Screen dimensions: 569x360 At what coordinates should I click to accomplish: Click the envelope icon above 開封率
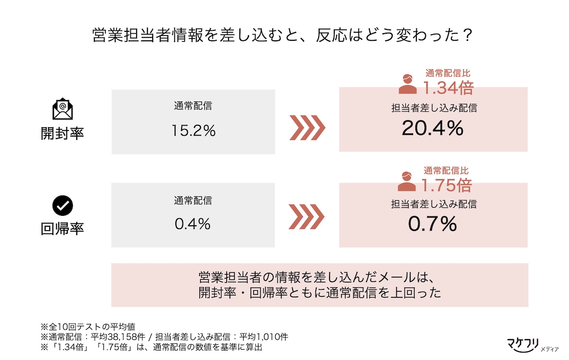coord(63,109)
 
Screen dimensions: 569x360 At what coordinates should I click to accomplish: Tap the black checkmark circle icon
coord(63,205)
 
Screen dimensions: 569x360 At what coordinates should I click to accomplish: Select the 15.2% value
coord(193,130)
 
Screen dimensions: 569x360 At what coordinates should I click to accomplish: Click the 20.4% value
coord(432,128)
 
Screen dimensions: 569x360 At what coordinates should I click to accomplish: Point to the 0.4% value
coord(193,224)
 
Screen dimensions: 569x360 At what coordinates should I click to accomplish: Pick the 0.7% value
coord(432,224)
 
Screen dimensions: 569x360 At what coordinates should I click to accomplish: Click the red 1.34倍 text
coord(449,88)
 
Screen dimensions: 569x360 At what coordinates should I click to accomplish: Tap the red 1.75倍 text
coord(447,185)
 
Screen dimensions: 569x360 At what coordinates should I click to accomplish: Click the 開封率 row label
coord(62,133)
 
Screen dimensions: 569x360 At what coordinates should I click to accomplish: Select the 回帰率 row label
coord(62,229)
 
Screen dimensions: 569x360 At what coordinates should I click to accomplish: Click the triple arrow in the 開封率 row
coord(307,128)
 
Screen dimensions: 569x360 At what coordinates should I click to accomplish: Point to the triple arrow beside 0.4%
coord(307,217)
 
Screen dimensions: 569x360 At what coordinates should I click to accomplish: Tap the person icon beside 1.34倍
coord(407,84)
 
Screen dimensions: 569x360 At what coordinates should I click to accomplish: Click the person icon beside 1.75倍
coord(407,181)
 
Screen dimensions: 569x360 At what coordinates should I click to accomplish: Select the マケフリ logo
coord(532,345)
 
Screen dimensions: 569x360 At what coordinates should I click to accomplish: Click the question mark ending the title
coord(467,35)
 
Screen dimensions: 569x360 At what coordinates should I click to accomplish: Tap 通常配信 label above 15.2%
coord(193,106)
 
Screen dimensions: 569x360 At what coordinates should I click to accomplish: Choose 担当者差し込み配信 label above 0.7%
coord(434,204)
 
